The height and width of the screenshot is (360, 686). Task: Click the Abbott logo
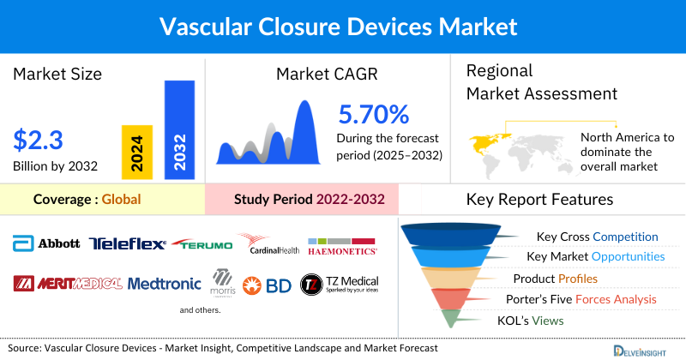click(46, 243)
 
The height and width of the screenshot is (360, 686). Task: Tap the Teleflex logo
click(127, 244)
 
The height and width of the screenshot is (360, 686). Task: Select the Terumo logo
click(202, 244)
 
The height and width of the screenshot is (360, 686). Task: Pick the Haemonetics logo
click(342, 246)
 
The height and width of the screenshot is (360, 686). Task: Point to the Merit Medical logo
click(68, 283)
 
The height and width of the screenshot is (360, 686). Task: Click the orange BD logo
click(267, 285)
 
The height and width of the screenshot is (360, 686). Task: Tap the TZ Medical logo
click(340, 284)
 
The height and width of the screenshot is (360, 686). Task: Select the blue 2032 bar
click(179, 129)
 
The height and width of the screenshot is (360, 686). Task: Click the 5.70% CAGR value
click(373, 114)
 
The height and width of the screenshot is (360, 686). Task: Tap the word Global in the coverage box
click(121, 200)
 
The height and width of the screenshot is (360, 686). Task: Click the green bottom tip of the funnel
click(454, 320)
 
